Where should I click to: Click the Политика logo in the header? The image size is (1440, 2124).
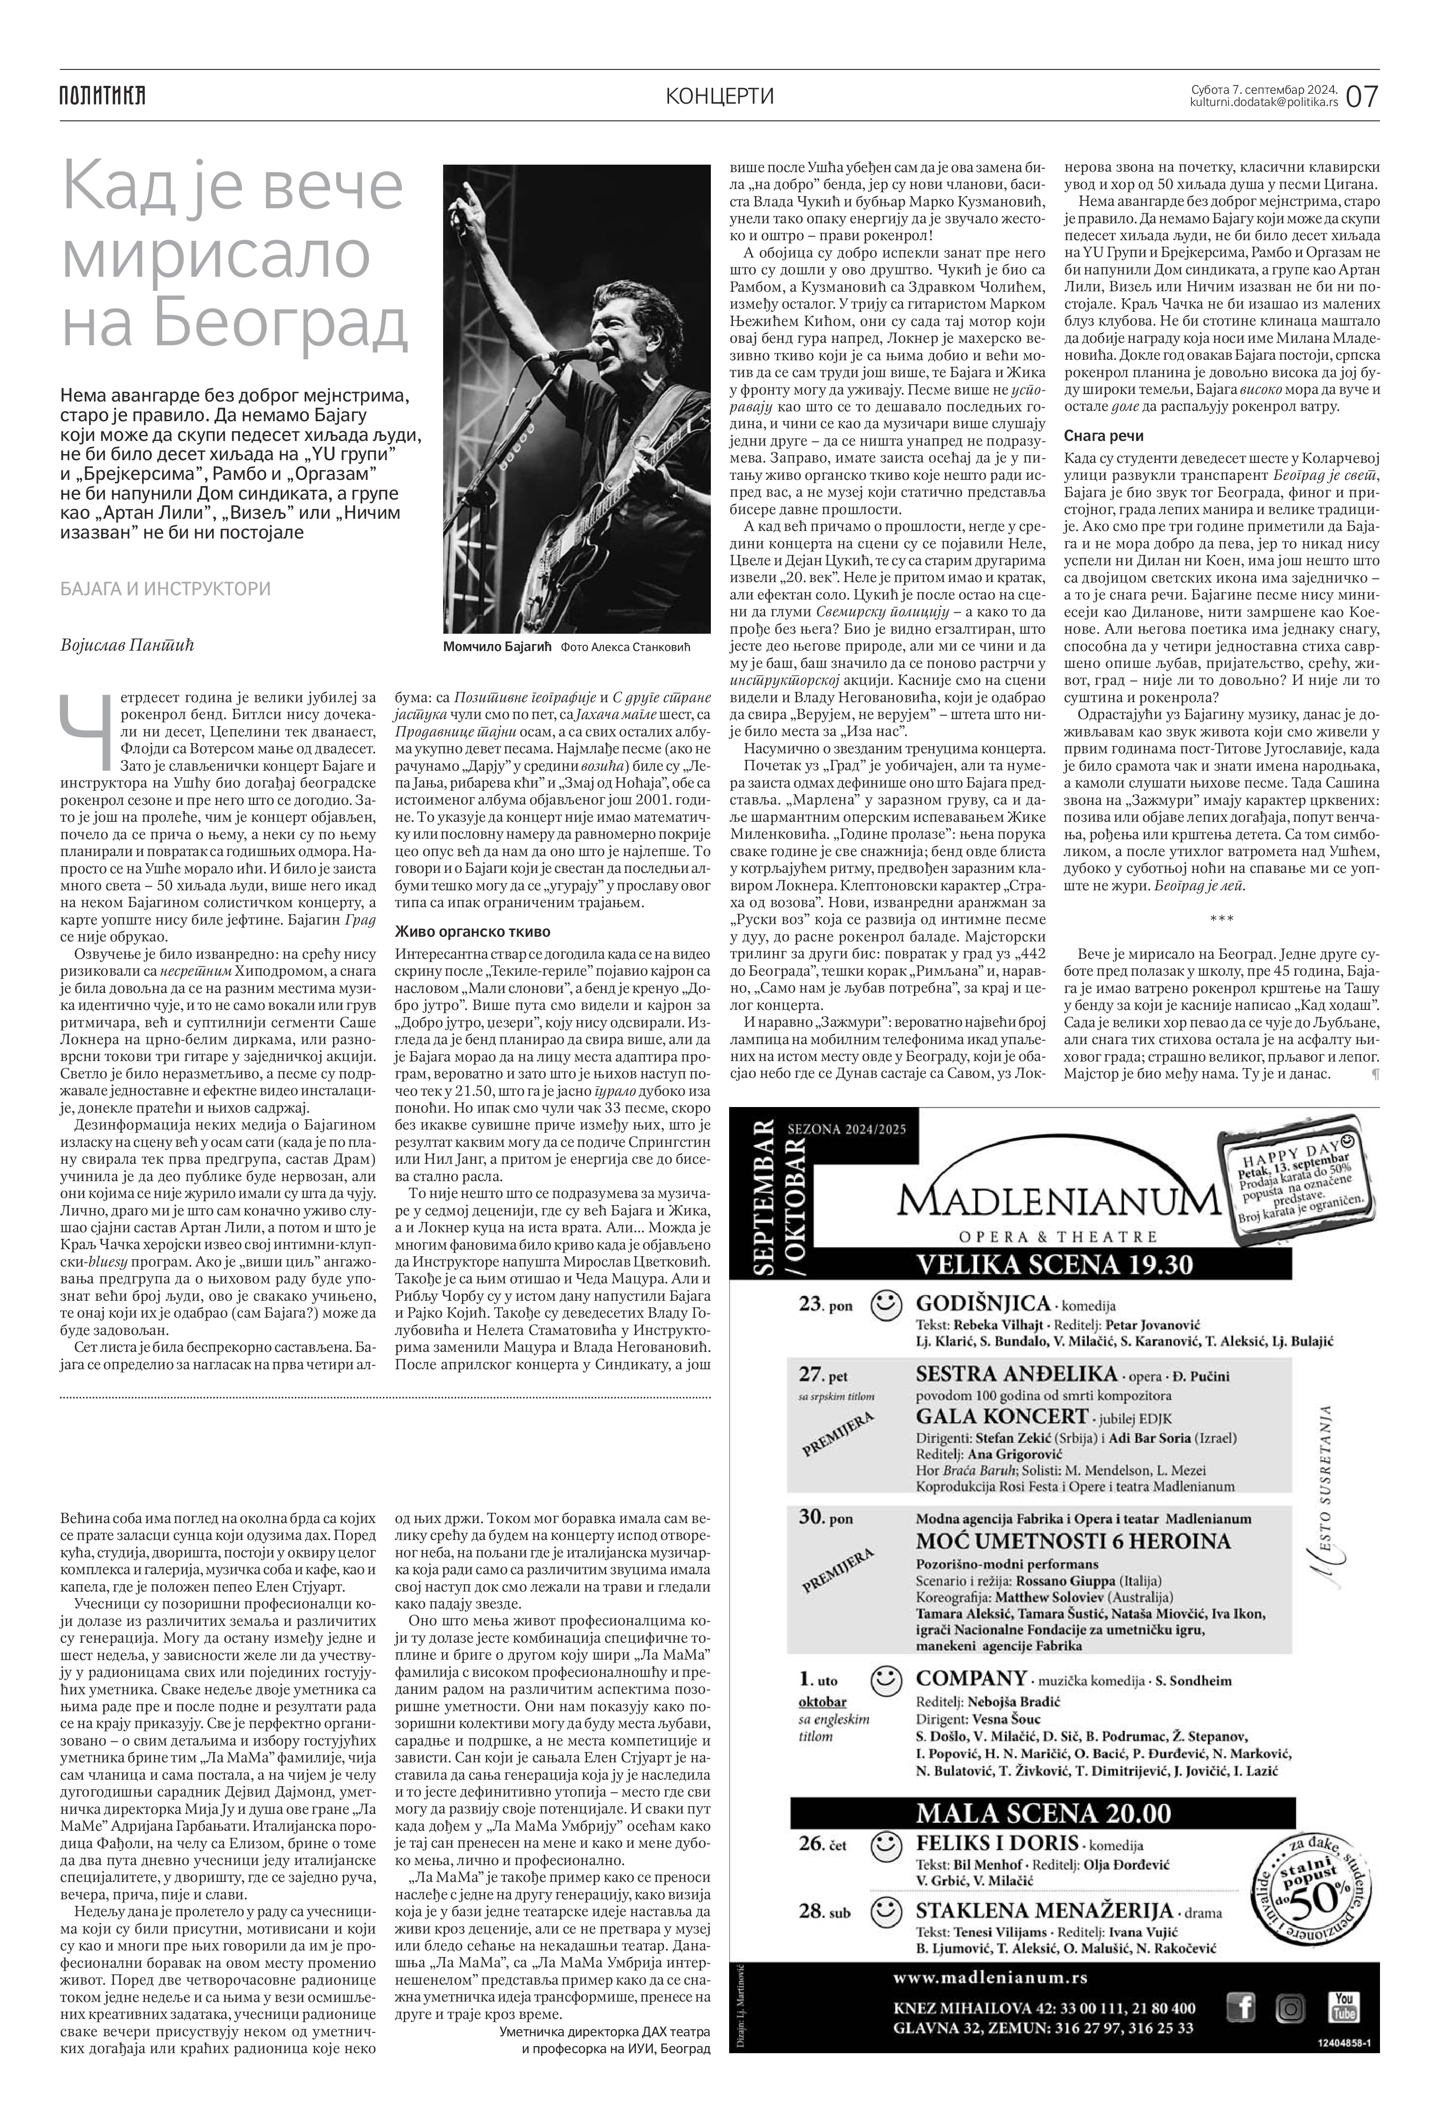pos(102,95)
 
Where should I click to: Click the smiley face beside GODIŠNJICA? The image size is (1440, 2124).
pos(885,1305)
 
